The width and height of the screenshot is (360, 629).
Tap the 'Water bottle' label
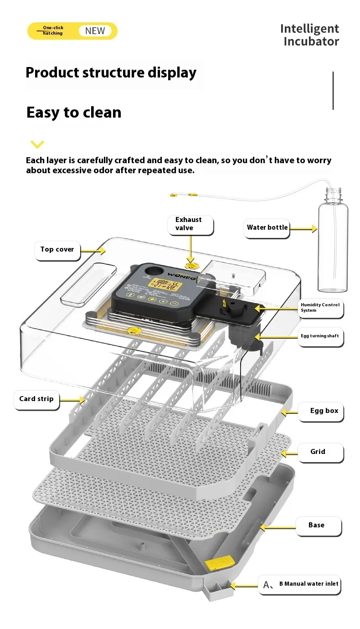click(x=267, y=227)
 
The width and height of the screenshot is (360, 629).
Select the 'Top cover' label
click(x=57, y=249)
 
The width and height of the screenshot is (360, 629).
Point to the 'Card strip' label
click(x=36, y=399)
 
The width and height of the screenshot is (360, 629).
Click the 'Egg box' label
click(x=324, y=411)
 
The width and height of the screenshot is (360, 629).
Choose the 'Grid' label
click(x=318, y=452)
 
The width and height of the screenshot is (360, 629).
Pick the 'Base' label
click(x=316, y=525)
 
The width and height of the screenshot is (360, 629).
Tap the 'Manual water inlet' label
click(x=309, y=584)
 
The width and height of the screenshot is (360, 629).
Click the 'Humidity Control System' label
click(x=320, y=307)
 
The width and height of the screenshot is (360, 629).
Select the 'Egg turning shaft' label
click(x=320, y=336)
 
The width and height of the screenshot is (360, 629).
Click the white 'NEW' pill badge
click(x=95, y=31)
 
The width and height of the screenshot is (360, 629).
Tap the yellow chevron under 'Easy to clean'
click(x=37, y=144)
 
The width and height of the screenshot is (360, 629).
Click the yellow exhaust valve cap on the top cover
click(x=191, y=264)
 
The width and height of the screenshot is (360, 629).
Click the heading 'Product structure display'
click(x=111, y=73)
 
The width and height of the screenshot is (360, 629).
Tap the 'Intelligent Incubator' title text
click(x=310, y=35)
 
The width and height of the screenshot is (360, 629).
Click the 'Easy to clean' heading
click(x=74, y=112)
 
